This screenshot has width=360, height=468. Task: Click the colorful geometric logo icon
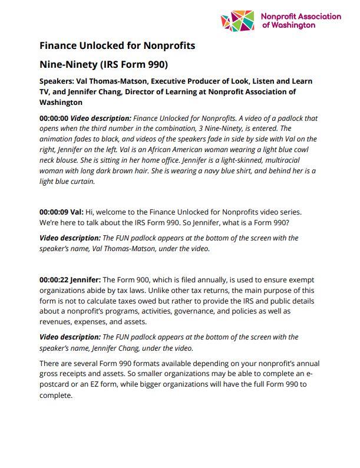point(238,21)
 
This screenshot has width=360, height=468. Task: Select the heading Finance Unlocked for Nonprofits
point(117,45)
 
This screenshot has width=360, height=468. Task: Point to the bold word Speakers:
point(58,81)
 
